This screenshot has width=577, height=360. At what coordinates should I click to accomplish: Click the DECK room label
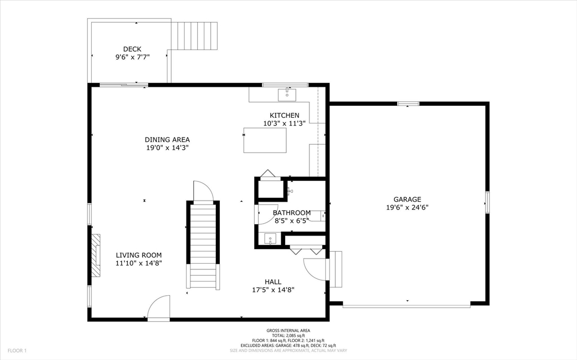pyautogui.click(x=132, y=49)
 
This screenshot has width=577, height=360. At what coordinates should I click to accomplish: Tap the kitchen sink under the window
pyautogui.click(x=287, y=94)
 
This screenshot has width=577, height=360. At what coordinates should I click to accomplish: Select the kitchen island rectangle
pyautogui.click(x=264, y=140)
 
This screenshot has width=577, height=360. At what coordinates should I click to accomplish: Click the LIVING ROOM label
pyautogui.click(x=139, y=255)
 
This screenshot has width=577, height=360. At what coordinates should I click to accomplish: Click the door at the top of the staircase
pyautogui.click(x=203, y=192)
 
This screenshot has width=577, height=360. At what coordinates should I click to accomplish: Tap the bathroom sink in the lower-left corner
pyautogui.click(x=270, y=239)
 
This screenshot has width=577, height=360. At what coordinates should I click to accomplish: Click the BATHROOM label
pyautogui.click(x=291, y=213)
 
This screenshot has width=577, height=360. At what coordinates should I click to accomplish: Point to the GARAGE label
pyautogui.click(x=407, y=199)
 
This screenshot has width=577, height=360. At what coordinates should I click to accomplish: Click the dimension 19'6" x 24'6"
pyautogui.click(x=407, y=207)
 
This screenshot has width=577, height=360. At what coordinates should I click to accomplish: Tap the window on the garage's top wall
pyautogui.click(x=408, y=104)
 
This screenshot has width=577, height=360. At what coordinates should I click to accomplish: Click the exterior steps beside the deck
pyautogui.click(x=194, y=35)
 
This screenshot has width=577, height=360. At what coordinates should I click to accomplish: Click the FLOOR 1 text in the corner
pyautogui.click(x=17, y=350)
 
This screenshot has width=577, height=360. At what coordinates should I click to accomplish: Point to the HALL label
pyautogui.click(x=273, y=282)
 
